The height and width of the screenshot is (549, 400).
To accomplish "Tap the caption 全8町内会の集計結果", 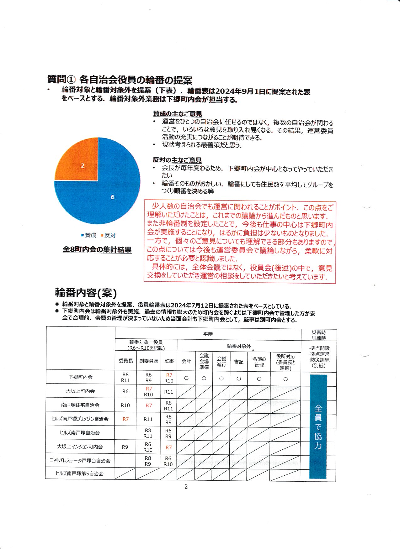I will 97,250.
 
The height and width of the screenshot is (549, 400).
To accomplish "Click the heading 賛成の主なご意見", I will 177,114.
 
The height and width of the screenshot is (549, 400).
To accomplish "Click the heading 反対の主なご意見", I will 177,160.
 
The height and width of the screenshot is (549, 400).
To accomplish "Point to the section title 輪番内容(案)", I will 86,293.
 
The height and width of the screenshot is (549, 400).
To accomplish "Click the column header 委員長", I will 126,361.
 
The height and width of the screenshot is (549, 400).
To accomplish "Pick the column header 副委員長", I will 149,361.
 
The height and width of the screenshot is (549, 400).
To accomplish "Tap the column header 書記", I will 239,362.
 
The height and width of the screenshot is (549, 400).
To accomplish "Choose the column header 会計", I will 186,361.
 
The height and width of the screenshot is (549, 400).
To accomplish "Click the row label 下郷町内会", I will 81,377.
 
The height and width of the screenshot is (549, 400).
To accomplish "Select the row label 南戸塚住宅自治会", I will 80,405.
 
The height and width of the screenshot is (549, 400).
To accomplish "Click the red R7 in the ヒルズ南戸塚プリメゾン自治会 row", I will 125,419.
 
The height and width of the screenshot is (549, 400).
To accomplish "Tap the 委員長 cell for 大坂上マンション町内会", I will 125,447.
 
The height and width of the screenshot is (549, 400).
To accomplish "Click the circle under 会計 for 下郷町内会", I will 186,378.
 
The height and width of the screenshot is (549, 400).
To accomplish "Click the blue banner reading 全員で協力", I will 318,426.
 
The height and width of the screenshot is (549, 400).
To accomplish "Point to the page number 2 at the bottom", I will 186,487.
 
